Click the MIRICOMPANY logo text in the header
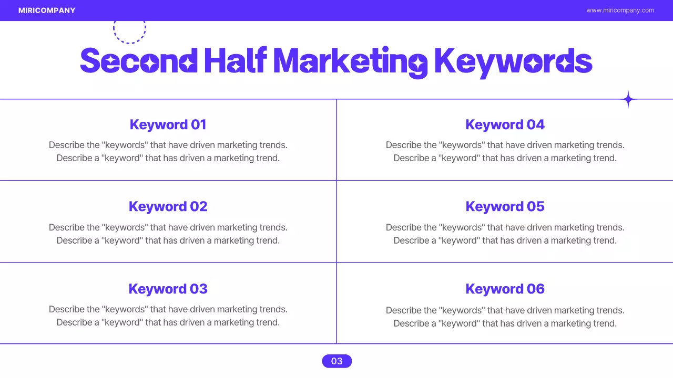(47, 10)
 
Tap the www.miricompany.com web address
(620, 10)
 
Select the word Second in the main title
(138, 61)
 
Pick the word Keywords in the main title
(513, 61)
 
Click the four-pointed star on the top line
(628, 99)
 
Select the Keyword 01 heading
(168, 124)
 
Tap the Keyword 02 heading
(168, 206)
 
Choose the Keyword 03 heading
(168, 289)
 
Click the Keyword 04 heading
(505, 124)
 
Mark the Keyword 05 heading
(505, 206)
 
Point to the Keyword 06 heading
(505, 289)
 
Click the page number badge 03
(336, 361)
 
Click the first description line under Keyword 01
(168, 145)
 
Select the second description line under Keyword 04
(505, 158)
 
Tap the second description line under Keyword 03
(168, 322)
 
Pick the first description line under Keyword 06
(505, 310)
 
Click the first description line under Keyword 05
(505, 227)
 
